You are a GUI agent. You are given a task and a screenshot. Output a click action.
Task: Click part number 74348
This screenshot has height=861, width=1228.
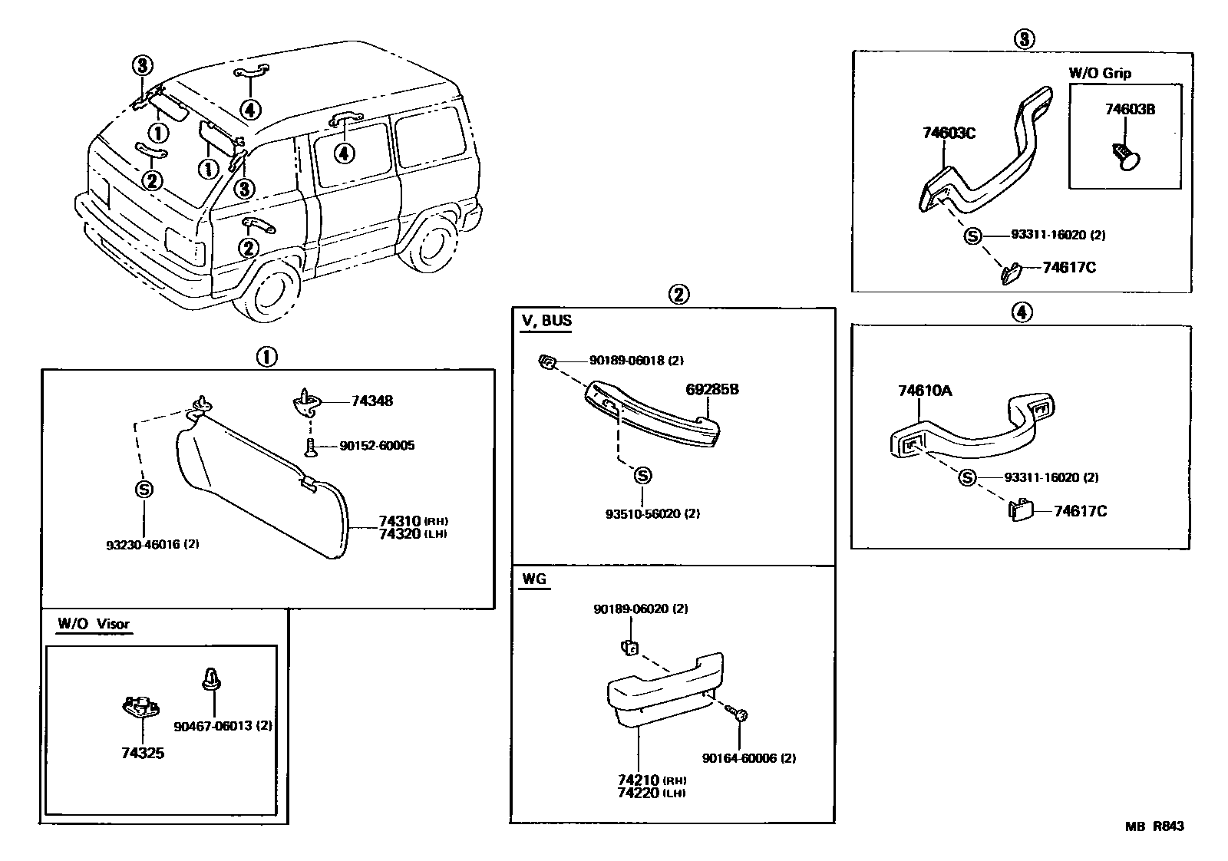[x=372, y=401]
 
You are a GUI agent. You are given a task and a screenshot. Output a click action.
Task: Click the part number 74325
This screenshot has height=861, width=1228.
[x=142, y=753]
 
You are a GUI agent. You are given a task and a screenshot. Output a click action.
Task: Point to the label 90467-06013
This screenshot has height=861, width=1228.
[x=223, y=726]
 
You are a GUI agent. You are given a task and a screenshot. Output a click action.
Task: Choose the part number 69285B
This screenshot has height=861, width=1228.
[x=711, y=390]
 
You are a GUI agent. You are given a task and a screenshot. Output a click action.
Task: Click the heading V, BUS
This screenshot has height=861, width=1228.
[x=546, y=321]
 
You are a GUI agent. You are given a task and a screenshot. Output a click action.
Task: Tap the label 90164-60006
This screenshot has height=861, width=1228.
[x=748, y=758]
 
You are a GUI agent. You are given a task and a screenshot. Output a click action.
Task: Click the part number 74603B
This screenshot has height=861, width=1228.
[x=1130, y=110]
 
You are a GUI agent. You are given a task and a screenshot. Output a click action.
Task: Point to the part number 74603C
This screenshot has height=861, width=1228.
[x=949, y=133]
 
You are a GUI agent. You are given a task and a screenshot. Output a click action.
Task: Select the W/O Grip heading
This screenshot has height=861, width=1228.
[x=1100, y=74]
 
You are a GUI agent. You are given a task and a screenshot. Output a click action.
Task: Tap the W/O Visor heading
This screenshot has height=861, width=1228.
[x=94, y=624]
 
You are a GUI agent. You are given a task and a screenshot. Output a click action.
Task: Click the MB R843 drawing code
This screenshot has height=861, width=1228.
[x=1154, y=826]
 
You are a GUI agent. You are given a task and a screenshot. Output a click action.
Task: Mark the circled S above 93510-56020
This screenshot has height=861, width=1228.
[x=643, y=476]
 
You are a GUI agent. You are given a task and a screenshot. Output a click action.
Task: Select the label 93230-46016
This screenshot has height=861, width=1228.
[x=153, y=545]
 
